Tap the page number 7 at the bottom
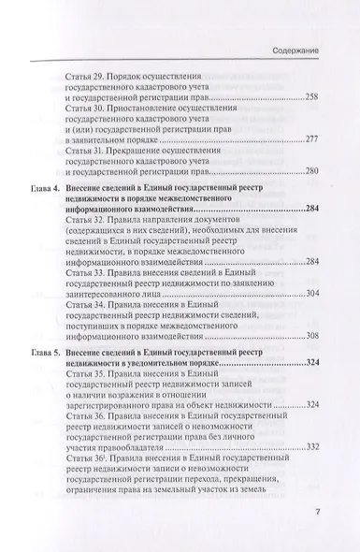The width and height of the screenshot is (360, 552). tap(317, 512)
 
